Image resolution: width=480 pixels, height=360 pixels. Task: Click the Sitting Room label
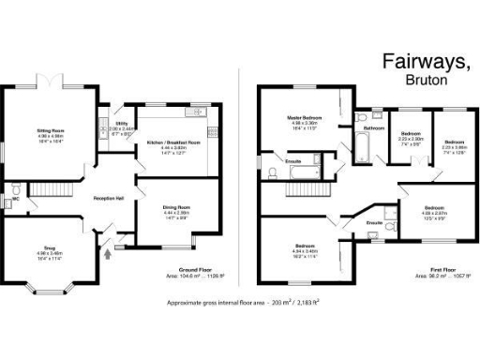[51, 127]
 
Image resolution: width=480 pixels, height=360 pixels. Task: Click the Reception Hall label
[110, 199]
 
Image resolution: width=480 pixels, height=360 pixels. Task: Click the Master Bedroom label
[306, 118]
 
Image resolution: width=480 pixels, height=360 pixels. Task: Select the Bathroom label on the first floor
[375, 127]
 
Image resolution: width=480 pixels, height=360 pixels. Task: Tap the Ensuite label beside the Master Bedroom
[293, 161]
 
